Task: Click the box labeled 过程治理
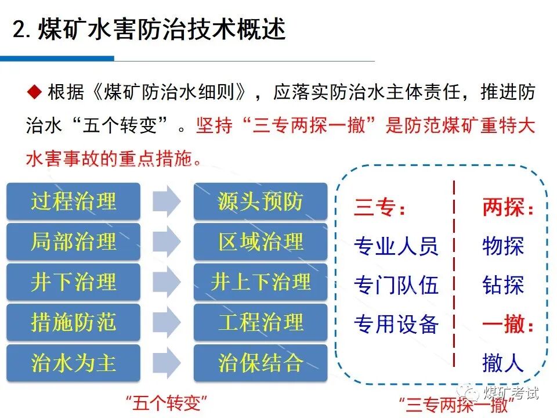(x=73, y=201)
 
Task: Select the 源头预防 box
(x=261, y=201)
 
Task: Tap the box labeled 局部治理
(x=73, y=242)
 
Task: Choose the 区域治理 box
(x=261, y=242)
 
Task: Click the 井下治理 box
(x=73, y=282)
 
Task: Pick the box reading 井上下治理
(x=261, y=282)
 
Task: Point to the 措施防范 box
(x=73, y=322)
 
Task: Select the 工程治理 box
(x=261, y=322)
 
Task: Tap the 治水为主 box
(x=73, y=363)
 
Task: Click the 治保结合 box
(x=261, y=363)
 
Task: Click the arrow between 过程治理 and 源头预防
(x=167, y=201)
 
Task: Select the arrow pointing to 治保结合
(x=167, y=363)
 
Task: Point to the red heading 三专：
(x=380, y=208)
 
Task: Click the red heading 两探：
(x=508, y=208)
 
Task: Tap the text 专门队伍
(x=396, y=286)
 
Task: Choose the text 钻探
(x=502, y=286)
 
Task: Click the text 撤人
(x=502, y=363)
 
